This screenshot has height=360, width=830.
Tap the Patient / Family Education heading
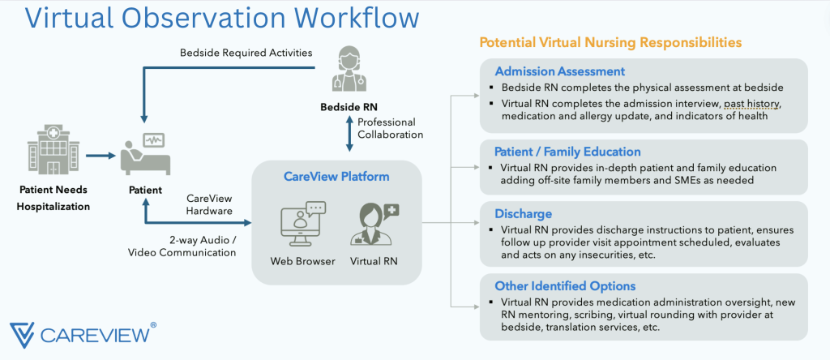click(x=567, y=152)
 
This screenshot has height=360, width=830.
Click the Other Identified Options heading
click(x=565, y=285)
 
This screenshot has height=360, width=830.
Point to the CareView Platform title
click(x=336, y=175)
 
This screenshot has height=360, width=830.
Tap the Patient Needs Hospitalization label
click(x=54, y=198)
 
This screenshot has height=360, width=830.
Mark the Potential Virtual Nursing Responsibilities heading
click(x=610, y=42)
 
